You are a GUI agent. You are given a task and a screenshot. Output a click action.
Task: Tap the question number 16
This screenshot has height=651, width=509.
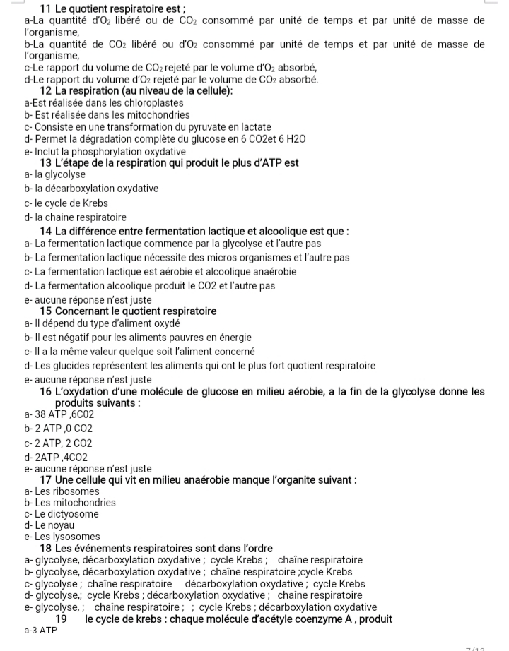point(47,392)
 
